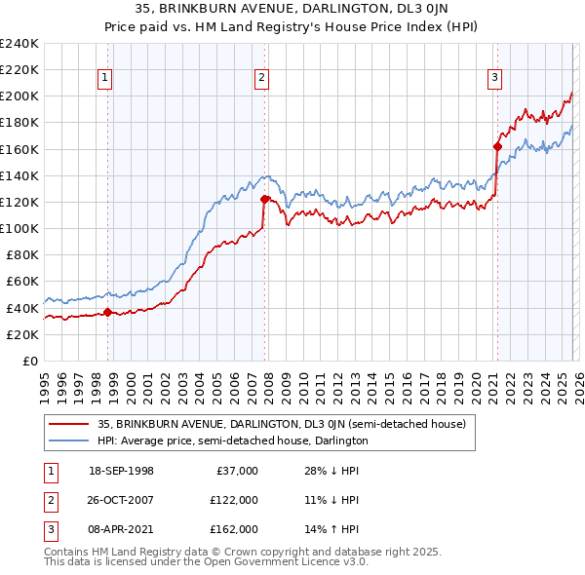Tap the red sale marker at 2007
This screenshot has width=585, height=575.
click(x=264, y=200)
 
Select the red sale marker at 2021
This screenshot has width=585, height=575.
click(x=496, y=147)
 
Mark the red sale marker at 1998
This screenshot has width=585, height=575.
click(x=107, y=312)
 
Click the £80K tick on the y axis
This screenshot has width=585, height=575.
click(x=21, y=254)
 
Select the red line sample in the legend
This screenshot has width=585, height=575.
click(x=68, y=424)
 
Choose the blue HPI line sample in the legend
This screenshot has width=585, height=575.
click(x=68, y=441)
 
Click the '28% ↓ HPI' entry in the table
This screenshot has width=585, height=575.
click(x=332, y=471)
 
